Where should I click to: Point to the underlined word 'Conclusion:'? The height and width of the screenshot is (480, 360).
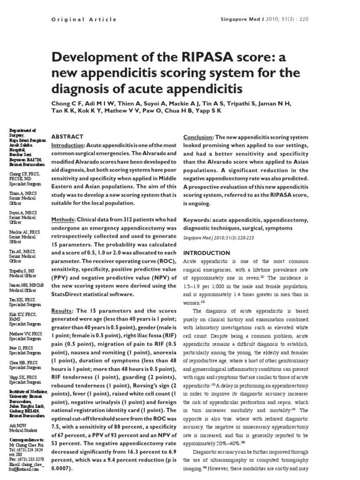click(x=198, y=137)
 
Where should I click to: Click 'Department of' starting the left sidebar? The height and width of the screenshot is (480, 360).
click(x=23, y=131)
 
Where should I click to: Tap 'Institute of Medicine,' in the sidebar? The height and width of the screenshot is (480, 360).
click(x=28, y=392)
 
